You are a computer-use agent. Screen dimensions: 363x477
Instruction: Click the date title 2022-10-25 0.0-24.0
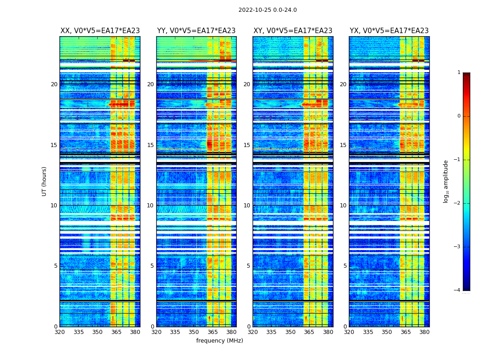coord(268,10)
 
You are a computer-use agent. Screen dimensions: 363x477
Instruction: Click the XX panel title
coord(100,31)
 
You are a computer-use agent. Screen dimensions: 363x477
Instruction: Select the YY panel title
coord(196,31)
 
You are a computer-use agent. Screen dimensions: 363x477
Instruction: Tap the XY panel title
coord(293,31)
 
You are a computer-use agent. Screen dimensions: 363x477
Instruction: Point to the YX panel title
coord(389,31)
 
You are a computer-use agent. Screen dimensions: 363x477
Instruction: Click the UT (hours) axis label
coord(45,181)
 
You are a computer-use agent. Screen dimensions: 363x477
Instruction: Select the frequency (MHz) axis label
coord(219,341)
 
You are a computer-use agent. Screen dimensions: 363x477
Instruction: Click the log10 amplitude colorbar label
coord(446,181)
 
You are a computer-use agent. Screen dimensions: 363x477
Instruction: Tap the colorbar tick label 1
coord(459,73)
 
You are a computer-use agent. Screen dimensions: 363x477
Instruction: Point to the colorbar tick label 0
coord(459,116)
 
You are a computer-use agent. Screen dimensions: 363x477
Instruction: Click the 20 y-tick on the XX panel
coord(54,84)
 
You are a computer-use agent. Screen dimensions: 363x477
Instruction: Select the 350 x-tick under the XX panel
coord(97,332)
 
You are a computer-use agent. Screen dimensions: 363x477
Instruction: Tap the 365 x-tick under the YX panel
coord(405,332)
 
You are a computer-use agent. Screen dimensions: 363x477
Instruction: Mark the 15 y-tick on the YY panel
coord(150,145)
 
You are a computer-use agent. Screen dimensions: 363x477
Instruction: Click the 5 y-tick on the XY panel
coord(248,266)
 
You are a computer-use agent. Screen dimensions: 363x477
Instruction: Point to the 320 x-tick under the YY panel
coord(156,332)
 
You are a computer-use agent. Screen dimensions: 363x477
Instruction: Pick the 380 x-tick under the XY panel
coord(328,332)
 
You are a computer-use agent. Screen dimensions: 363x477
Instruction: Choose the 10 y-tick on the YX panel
coord(343,206)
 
